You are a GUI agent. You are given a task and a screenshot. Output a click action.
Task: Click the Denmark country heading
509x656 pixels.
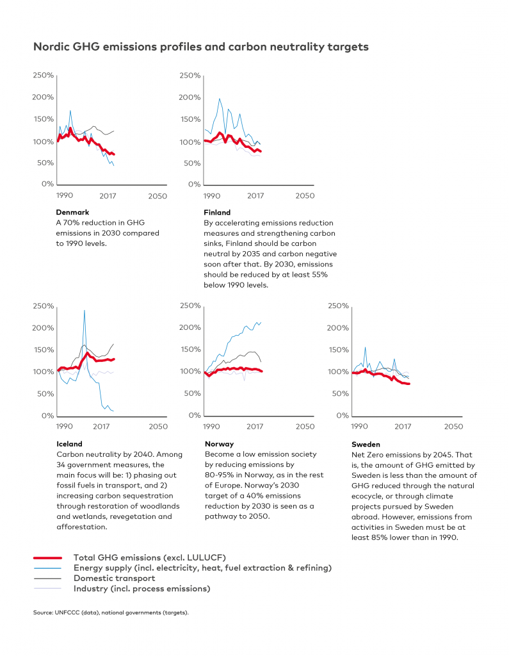point(72,212)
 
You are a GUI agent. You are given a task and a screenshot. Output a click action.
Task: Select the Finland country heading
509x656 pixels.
point(217,212)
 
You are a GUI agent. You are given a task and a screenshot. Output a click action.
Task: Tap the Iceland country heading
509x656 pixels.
point(69,444)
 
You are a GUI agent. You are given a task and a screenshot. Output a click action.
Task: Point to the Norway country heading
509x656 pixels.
point(219,444)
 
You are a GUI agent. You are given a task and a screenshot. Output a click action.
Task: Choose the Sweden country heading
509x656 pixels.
point(366,445)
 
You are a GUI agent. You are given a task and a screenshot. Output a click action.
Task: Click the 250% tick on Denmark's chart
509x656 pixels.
point(44,76)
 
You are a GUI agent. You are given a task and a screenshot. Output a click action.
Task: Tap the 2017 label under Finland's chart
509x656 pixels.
point(255,196)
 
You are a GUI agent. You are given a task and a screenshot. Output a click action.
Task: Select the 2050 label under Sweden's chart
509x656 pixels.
point(453,426)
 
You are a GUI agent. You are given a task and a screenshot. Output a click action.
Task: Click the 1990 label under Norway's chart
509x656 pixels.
point(211,426)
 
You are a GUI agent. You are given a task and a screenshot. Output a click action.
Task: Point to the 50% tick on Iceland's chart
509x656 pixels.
point(45,394)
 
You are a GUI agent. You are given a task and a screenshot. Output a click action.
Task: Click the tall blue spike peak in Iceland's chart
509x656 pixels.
point(85,311)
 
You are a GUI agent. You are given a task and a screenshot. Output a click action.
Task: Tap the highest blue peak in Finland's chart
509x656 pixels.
point(220,99)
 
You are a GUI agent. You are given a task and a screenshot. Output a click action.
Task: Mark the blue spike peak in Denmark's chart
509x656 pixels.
point(70,110)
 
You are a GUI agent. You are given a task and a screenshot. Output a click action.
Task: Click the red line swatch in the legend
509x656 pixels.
point(47,558)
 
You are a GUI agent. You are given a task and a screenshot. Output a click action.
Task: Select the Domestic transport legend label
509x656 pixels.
point(114,578)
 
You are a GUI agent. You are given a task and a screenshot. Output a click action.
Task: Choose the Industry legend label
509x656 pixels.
point(141,589)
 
